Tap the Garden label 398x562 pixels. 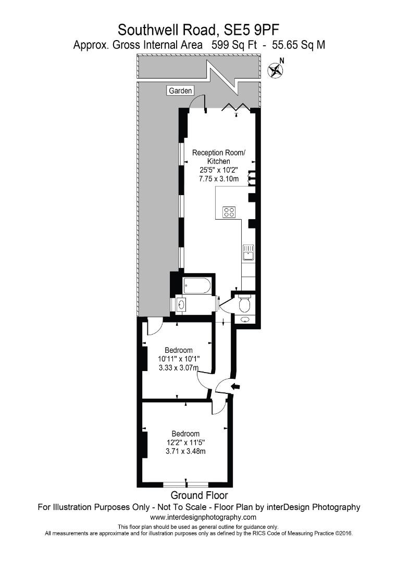(x=180, y=91)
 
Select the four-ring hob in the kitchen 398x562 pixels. (x=229, y=212)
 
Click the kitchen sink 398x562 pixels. (x=247, y=252)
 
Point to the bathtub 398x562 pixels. (x=197, y=286)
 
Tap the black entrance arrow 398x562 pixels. (x=236, y=386)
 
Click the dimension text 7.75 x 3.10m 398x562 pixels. (x=218, y=178)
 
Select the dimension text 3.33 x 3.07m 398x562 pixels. (x=179, y=367)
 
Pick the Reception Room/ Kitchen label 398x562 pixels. (x=218, y=157)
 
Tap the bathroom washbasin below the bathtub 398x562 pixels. (x=181, y=304)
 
